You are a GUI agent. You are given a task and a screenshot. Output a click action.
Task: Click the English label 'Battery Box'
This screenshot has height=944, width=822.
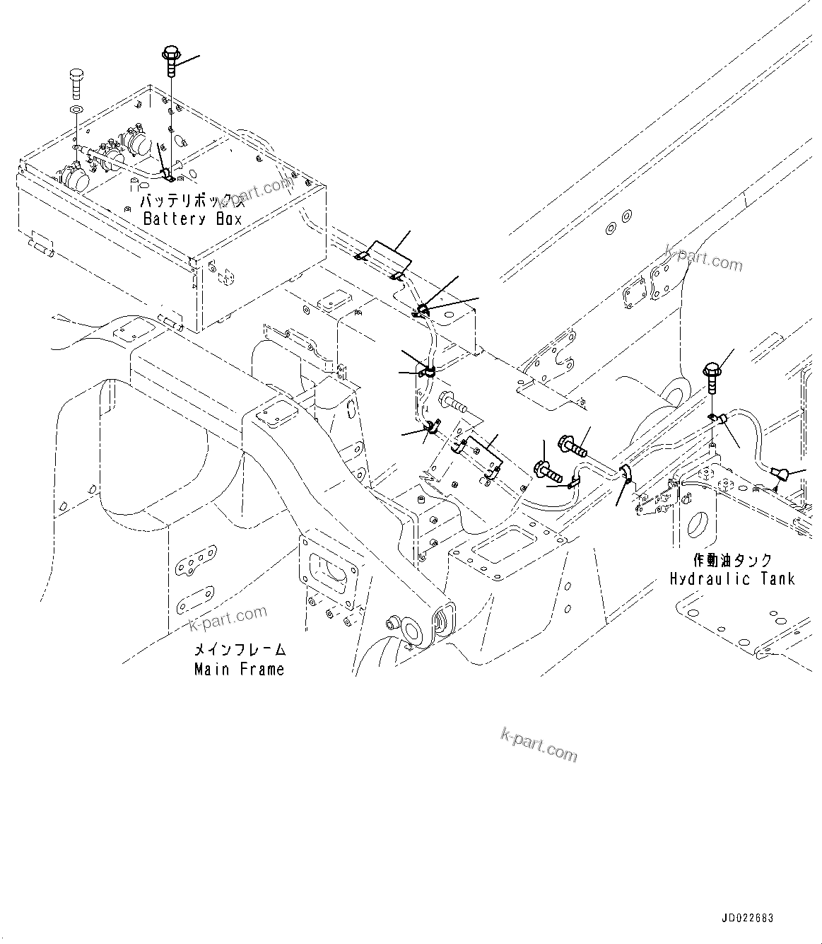[x=192, y=218]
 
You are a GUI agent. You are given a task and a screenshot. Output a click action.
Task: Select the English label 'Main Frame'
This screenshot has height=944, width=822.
[x=239, y=669]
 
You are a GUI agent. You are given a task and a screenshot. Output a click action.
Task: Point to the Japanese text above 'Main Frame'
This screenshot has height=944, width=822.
[x=240, y=650]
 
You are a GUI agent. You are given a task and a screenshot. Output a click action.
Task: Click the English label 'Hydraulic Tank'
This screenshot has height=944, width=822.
[x=732, y=579]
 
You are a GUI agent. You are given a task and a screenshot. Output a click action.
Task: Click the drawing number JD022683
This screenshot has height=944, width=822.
[x=747, y=918]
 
